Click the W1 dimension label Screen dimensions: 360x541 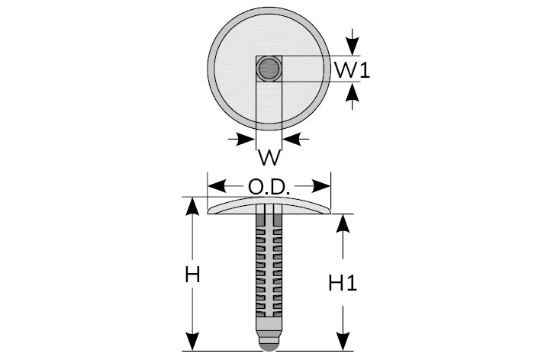pos(352,71)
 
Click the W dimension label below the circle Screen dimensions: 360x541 pos(269,158)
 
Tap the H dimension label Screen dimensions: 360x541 pos(192,275)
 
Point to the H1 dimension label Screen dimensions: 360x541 pos(343,283)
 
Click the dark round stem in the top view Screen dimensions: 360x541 pos(269,70)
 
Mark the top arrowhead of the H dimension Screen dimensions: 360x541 pos(193,206)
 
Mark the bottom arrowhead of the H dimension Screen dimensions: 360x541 pos(193,343)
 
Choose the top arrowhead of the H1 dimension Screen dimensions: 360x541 pos(344,222)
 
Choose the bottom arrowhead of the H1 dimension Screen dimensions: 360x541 pos(344,343)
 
